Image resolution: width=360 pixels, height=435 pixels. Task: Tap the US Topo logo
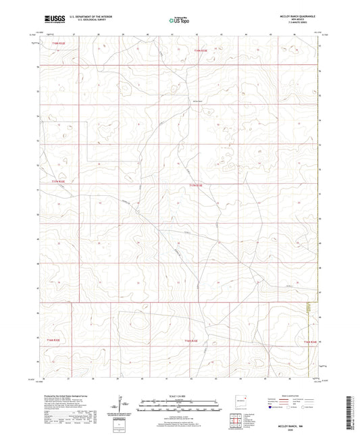178,21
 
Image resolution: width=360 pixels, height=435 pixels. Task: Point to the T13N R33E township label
196,183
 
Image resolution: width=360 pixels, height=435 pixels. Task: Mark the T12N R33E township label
191,341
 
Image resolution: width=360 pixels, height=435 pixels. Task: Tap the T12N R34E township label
309,342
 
